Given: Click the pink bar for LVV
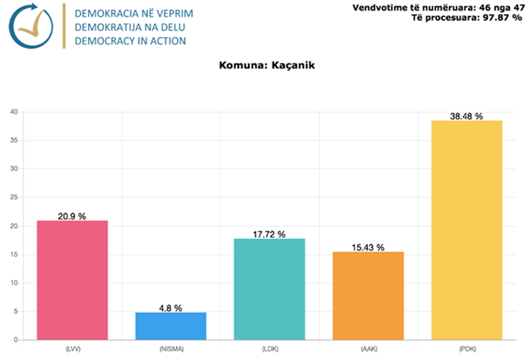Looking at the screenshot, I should click(72, 280).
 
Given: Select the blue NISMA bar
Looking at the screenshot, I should click(171, 326).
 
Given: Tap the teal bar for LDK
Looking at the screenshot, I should click(269, 289).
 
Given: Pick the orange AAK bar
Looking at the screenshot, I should click(368, 296).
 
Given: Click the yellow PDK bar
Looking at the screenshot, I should click(467, 230).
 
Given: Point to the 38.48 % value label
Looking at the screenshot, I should click(467, 116).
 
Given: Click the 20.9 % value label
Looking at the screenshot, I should click(72, 216).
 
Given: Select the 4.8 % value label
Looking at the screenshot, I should click(171, 308).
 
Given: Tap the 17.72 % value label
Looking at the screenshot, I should click(269, 234).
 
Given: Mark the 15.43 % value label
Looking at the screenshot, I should click(368, 247).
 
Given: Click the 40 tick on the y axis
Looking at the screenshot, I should click(14, 112).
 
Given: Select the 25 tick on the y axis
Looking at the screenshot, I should click(14, 198).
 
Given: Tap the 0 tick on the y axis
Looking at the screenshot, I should click(16, 340).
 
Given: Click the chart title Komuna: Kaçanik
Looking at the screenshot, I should click(267, 66).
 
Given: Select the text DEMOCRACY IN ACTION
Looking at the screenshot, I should click(130, 41).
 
